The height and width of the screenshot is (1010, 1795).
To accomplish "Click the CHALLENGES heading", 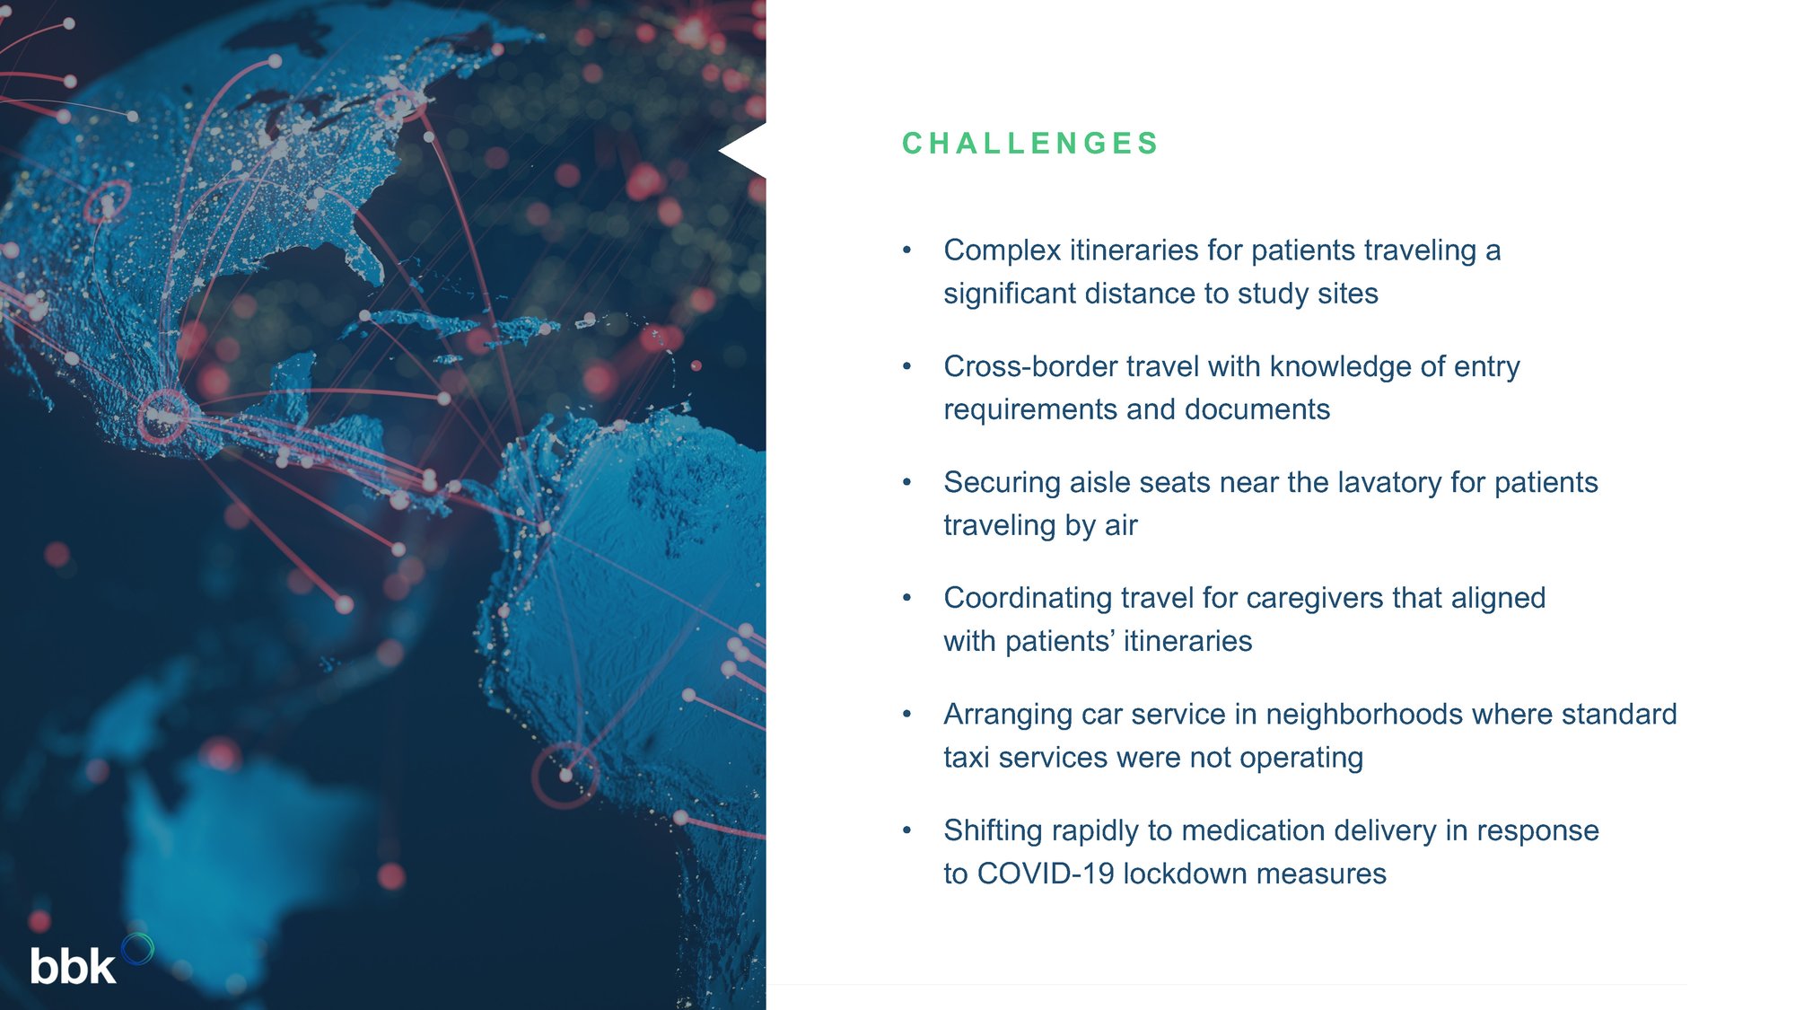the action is point(1030,144).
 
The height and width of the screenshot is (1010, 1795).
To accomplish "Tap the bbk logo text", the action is point(73,966).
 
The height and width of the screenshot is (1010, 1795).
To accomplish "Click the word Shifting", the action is point(993,830).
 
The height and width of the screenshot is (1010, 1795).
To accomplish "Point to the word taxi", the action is point(967,758).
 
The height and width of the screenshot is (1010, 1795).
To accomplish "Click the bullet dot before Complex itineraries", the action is point(907,250).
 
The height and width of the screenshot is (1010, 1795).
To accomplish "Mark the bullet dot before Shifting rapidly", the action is point(907,830).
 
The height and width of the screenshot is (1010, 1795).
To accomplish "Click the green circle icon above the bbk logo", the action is point(137,949).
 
